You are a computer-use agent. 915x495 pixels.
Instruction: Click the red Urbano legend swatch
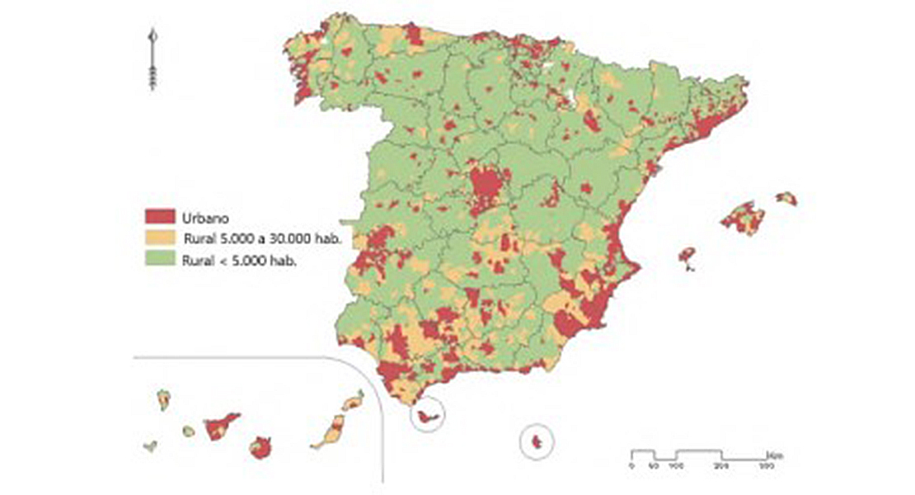pyautogui.click(x=160, y=216)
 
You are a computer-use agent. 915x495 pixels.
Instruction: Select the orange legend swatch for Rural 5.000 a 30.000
pyautogui.click(x=160, y=238)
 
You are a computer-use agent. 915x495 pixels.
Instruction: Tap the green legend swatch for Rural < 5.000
pyautogui.click(x=160, y=260)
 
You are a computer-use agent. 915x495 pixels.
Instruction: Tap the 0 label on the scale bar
pyautogui.click(x=631, y=468)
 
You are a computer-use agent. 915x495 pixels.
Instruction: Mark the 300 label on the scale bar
pyautogui.click(x=766, y=468)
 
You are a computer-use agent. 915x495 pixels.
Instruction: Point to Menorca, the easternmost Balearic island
pyautogui.click(x=786, y=198)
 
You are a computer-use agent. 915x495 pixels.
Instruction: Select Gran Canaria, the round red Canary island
pyautogui.click(x=260, y=449)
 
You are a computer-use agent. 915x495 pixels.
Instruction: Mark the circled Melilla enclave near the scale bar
pyautogui.click(x=537, y=442)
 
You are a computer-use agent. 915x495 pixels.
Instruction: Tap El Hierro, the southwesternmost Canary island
pyautogui.click(x=150, y=446)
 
